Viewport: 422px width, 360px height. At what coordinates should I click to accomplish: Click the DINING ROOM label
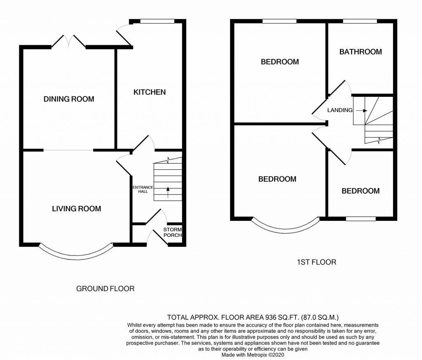[x=69, y=99]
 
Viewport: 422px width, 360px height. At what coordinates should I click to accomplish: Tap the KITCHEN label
[x=150, y=92]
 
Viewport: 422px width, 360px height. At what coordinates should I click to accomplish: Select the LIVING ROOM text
[x=76, y=208]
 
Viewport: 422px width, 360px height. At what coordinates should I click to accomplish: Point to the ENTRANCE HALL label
[x=143, y=189]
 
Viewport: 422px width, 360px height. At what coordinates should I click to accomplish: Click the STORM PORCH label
[x=173, y=232]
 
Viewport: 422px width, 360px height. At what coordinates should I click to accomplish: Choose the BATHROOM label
[x=361, y=51]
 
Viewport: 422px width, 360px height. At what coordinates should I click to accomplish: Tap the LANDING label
[x=340, y=110]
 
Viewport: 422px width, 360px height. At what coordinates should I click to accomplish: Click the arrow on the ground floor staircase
[x=168, y=192]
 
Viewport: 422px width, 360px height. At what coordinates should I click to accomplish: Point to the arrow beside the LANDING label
[x=361, y=110]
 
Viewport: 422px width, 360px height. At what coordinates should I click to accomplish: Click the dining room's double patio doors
[x=69, y=42]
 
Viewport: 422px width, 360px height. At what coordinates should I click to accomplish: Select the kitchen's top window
[x=157, y=21]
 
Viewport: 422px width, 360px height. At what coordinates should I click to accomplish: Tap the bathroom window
[x=360, y=21]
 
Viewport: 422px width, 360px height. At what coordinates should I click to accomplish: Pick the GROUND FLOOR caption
[x=105, y=289]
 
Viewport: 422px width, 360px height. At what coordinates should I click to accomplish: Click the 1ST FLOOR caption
[x=316, y=262]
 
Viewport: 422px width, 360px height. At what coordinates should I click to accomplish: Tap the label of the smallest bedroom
[x=361, y=191]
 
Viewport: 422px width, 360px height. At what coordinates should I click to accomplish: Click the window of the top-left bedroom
[x=280, y=21]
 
